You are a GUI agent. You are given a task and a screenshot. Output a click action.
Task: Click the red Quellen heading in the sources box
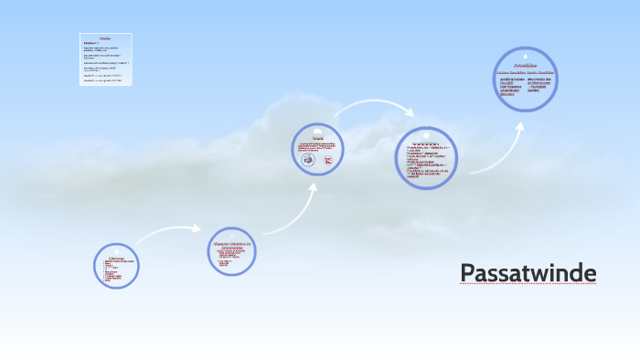tap(105, 38)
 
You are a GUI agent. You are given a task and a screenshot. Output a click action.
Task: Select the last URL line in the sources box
tap(103, 80)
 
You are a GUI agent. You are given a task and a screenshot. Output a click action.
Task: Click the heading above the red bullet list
tap(116, 256)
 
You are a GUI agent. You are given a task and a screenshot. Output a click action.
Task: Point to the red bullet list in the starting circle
tap(116, 271)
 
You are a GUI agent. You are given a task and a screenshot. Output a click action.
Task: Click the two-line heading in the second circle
tap(232, 245)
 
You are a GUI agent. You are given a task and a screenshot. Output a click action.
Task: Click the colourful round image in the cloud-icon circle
tap(309, 159)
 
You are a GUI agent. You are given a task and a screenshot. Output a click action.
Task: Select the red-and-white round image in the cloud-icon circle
tap(329, 159)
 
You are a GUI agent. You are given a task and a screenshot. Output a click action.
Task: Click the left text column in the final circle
tap(510, 85)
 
